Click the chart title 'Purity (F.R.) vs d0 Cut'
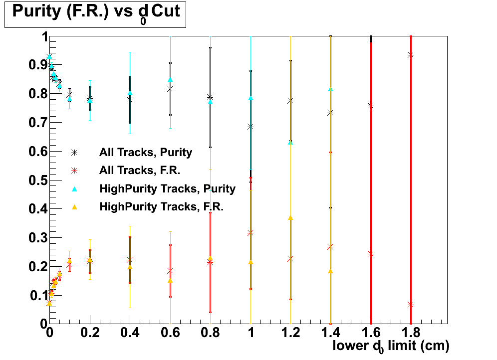pos(95,13)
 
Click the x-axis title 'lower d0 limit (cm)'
pos(391,346)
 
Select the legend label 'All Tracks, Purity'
pos(146,153)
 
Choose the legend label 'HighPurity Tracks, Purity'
pos(167,188)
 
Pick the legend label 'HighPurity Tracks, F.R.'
pos(162,206)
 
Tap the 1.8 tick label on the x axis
pos(410,333)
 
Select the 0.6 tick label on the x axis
pos(170,333)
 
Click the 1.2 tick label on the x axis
pos(290,333)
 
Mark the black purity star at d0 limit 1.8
pos(411,55)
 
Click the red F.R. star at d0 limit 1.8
pos(411,305)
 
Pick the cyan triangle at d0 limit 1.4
pos(330,89)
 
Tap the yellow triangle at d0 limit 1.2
pos(290,218)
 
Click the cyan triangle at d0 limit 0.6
pos(170,79)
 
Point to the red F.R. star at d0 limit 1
pos(250,233)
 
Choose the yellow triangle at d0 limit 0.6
pos(170,281)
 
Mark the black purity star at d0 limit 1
pos(250,127)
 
